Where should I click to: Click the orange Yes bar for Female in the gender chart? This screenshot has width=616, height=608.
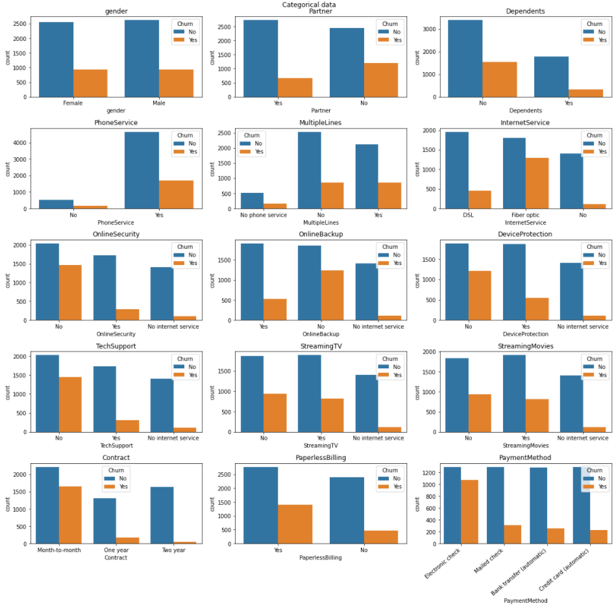pyautogui.click(x=90, y=83)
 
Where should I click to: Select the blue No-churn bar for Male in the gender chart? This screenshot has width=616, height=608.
pyautogui.click(x=142, y=58)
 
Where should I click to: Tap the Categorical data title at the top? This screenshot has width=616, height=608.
pyautogui.click(x=309, y=5)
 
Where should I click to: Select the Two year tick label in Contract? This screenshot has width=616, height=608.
pyautogui.click(x=173, y=550)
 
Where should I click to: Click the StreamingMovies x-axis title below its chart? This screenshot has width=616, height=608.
pyautogui.click(x=517, y=446)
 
